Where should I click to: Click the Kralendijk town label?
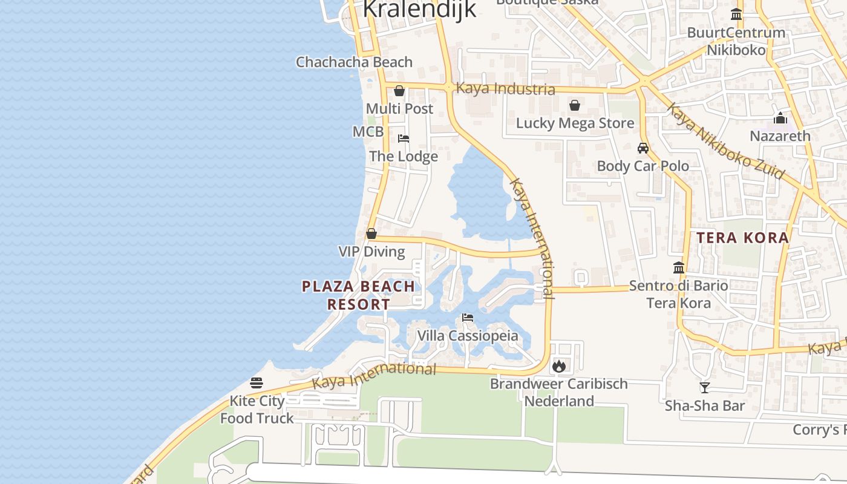click(x=419, y=10)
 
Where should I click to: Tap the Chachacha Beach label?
click(x=354, y=62)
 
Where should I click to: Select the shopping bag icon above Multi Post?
click(x=399, y=91)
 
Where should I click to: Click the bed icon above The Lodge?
click(x=404, y=139)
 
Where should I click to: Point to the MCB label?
click(x=368, y=132)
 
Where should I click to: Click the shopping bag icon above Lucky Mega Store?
click(x=575, y=106)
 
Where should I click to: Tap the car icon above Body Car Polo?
click(x=643, y=148)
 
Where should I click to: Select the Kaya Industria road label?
click(x=505, y=89)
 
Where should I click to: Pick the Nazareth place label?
click(x=780, y=136)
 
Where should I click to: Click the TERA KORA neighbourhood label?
click(x=742, y=238)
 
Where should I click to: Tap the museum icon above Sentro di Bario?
click(x=679, y=267)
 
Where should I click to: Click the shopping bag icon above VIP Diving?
click(x=371, y=234)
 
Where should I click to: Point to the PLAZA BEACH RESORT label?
click(x=359, y=295)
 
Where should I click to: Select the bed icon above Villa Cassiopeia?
click(x=468, y=318)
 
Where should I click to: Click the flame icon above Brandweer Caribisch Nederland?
click(x=559, y=366)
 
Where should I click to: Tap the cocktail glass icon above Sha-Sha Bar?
click(x=704, y=388)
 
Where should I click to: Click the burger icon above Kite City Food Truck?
click(x=257, y=383)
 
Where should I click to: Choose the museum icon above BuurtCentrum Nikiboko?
click(x=736, y=15)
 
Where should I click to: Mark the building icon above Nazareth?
click(x=780, y=118)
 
